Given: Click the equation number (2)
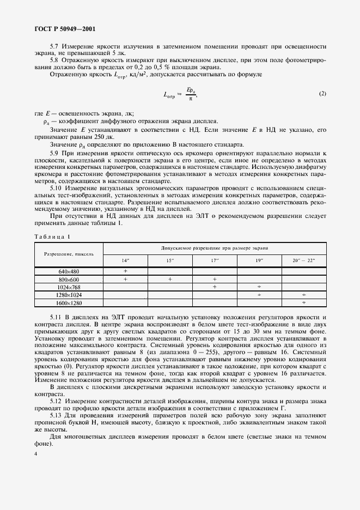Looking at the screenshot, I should pyautogui.click(x=322, y=93).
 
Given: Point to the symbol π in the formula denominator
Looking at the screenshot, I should pyautogui.click(x=189, y=99).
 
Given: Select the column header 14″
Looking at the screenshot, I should pyautogui.click(x=125, y=260).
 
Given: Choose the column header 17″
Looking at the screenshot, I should pyautogui.click(x=214, y=260).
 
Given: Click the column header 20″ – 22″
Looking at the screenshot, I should pyautogui.click(x=304, y=260).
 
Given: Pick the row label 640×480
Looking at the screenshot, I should pyautogui.click(x=69, y=271).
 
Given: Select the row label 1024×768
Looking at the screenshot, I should pyautogui.click(x=69, y=287).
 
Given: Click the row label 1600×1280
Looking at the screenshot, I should pyautogui.click(x=69, y=302).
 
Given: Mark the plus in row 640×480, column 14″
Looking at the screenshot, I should pyautogui.click(x=125, y=271).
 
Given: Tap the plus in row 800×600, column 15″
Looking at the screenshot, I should pyautogui.click(x=170, y=279).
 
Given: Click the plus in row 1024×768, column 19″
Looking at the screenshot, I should pyautogui.click(x=259, y=287).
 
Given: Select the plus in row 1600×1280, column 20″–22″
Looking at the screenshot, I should pyautogui.click(x=304, y=302).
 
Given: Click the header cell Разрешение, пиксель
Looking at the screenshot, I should pyautogui.click(x=69, y=254).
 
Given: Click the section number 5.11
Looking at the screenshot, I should pyautogui.click(x=57, y=317).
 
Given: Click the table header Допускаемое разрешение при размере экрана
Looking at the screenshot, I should pyautogui.click(x=214, y=248).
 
